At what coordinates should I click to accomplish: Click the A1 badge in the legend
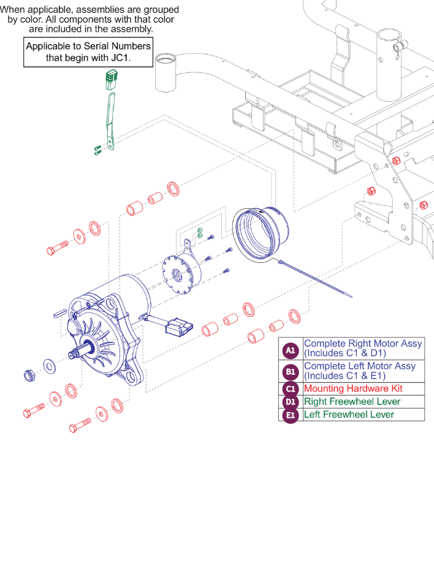coord(291,350)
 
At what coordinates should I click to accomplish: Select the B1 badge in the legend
coord(291,372)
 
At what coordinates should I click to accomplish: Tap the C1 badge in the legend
coord(291,389)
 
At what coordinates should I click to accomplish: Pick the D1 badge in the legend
coord(291,402)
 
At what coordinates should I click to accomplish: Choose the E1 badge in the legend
coord(291,415)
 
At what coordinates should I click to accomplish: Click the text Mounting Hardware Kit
coord(353,389)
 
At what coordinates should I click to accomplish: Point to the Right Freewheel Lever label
coord(352,402)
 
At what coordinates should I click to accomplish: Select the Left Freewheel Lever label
coord(349,415)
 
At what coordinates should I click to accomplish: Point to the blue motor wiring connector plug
coord(180,326)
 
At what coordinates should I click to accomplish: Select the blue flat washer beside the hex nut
coord(48,367)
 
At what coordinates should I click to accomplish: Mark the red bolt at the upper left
coord(57,248)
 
